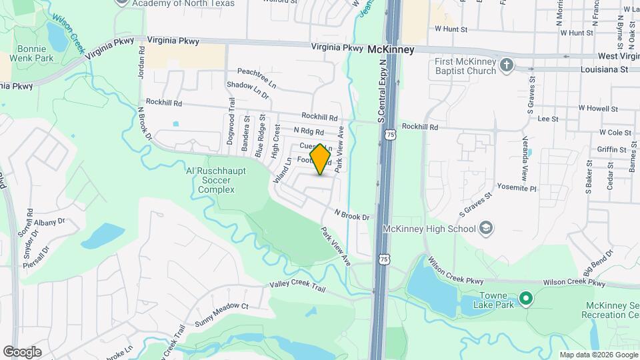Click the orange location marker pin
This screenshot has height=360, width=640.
coord(321,159)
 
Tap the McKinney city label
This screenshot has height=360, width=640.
coord(391,50)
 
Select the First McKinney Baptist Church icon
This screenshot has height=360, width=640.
coord(507,65)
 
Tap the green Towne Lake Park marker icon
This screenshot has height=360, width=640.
coord(525,297)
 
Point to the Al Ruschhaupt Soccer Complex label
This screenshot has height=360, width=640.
coord(215,180)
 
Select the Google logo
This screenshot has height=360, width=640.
coord(22,351)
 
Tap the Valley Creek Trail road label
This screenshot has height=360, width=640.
coord(297,285)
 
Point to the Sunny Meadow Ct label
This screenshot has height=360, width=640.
coord(221,307)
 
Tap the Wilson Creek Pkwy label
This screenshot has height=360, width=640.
coord(574,283)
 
